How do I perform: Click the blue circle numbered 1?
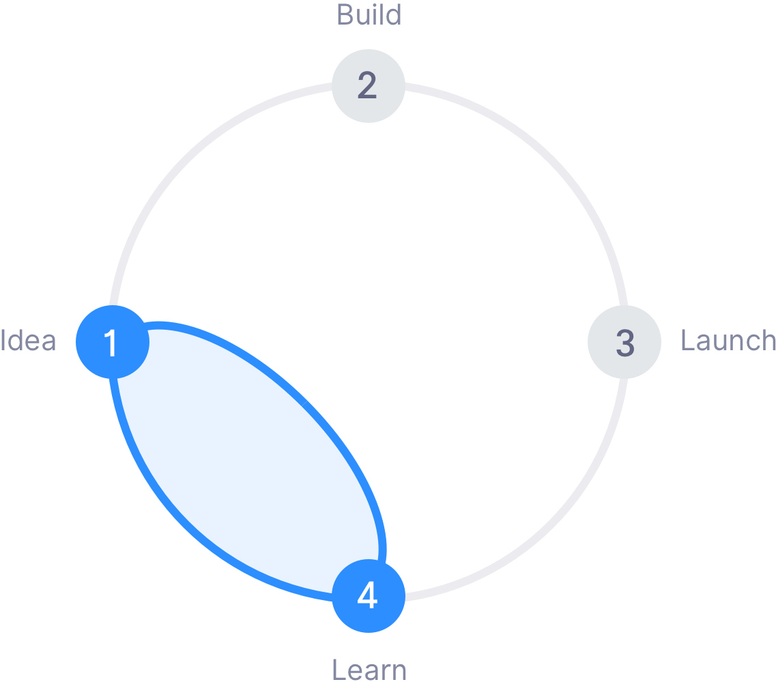click(113, 342)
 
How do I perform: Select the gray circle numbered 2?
click(369, 85)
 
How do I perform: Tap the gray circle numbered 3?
click(624, 342)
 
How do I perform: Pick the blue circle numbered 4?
click(369, 596)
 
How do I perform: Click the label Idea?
click(28, 341)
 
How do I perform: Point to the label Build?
click(369, 15)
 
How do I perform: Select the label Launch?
click(728, 341)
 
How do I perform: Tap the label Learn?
click(369, 670)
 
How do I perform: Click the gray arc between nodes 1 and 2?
click(188, 161)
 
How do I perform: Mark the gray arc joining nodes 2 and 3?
click(549, 161)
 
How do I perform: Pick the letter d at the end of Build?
click(393, 15)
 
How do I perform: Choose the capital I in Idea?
click(3, 341)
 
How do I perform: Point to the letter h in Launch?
click(767, 340)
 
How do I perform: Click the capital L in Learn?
click(339, 670)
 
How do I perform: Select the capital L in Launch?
click(689, 341)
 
